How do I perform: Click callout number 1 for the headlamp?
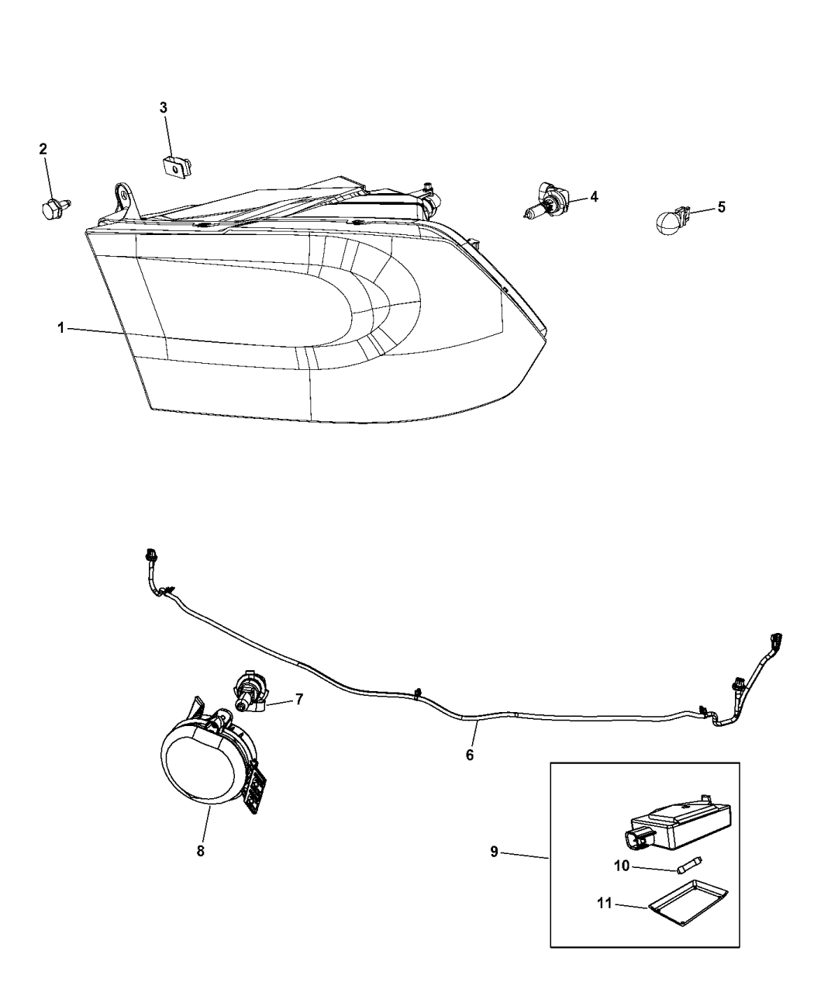(x=60, y=329)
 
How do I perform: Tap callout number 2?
(x=43, y=148)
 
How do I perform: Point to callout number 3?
(x=164, y=108)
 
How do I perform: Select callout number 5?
(x=721, y=207)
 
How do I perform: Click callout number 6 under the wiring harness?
(x=470, y=754)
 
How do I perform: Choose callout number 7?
(x=298, y=699)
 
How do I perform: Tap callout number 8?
(x=200, y=829)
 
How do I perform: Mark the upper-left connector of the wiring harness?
(x=151, y=555)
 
